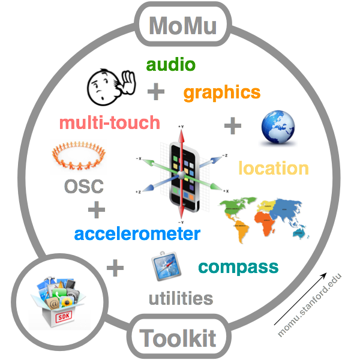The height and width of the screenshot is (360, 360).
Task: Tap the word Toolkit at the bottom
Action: [x=178, y=338]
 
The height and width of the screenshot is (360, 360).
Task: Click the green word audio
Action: [x=171, y=65]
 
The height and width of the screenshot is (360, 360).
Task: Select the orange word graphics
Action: [x=221, y=92]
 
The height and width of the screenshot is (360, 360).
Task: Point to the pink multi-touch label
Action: [x=110, y=123]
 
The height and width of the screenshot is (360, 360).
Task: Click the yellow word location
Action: [x=274, y=168]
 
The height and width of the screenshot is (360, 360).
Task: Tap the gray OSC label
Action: [x=83, y=186]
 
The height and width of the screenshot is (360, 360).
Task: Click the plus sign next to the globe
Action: [x=233, y=126]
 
